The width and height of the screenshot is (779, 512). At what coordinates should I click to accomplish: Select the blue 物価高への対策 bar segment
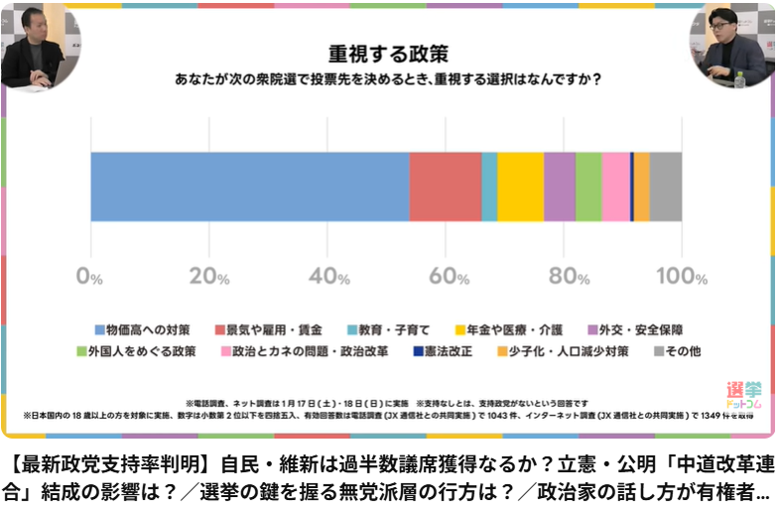249,187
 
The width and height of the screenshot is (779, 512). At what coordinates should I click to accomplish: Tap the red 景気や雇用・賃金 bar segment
445,187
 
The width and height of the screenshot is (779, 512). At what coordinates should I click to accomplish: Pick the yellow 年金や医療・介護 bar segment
520,187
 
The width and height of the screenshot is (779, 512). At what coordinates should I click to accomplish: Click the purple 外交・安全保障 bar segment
560,187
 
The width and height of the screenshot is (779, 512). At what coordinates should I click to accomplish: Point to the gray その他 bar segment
665,187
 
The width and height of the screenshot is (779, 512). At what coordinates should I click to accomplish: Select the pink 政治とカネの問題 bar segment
615,187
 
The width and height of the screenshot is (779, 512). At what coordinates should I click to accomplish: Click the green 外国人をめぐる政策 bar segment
588,187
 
